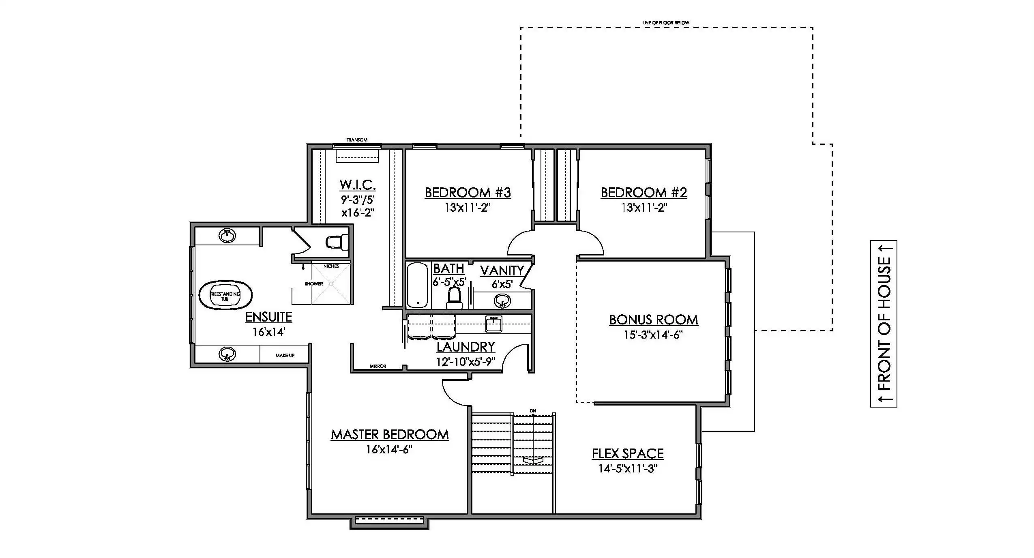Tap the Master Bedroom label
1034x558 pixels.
pyautogui.click(x=390, y=435)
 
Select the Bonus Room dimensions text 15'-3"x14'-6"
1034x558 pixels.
pyautogui.click(x=653, y=335)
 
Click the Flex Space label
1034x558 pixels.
pyautogui.click(x=628, y=453)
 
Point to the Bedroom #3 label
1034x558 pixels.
pyautogui.click(x=468, y=192)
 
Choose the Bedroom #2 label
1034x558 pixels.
pyautogui.click(x=644, y=192)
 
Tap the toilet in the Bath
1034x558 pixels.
pyautogui.click(x=454, y=298)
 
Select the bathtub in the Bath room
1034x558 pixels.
pyautogui.click(x=417, y=285)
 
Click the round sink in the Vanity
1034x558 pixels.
pyautogui.click(x=502, y=301)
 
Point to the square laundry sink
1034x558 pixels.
pyautogui.click(x=494, y=324)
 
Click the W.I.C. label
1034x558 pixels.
pyautogui.click(x=358, y=185)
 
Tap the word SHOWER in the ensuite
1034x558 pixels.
pyautogui.click(x=314, y=284)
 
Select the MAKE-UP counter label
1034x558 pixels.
pyautogui.click(x=285, y=356)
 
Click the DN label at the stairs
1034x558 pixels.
pyautogui.click(x=533, y=411)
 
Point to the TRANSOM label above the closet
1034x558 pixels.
pyautogui.click(x=357, y=140)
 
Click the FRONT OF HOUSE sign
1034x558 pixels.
pyautogui.click(x=884, y=324)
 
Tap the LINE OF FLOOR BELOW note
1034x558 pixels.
pyautogui.click(x=666, y=23)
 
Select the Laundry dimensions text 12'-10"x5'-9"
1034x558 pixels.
pyautogui.click(x=466, y=362)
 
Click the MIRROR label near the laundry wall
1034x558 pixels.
pyautogui.click(x=378, y=366)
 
